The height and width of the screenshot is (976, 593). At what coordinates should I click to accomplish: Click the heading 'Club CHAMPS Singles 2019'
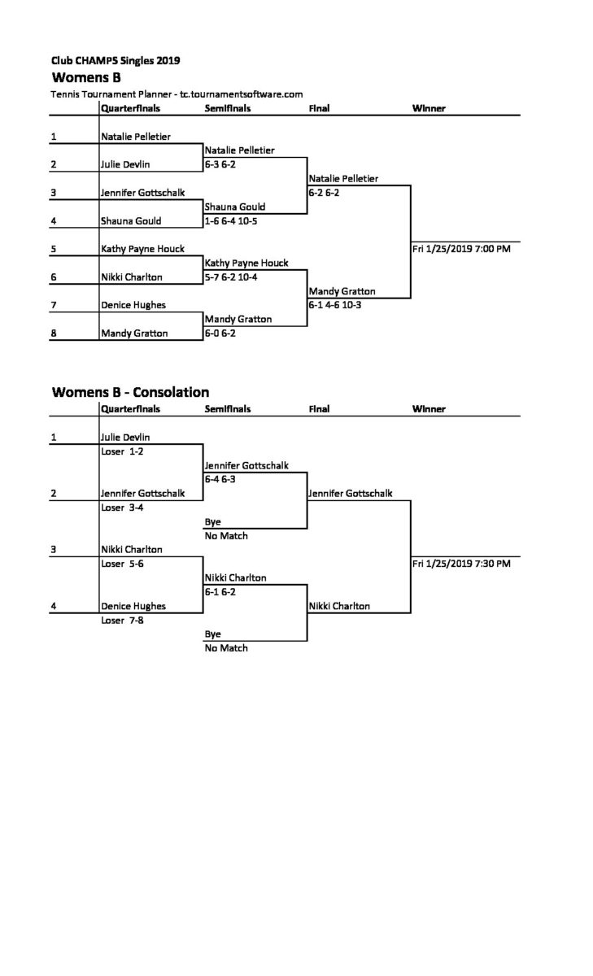point(116,60)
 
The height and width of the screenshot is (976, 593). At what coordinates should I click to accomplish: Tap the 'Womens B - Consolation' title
point(130,392)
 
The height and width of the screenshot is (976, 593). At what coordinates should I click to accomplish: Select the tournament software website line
point(177,94)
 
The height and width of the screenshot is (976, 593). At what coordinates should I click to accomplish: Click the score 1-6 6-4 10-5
point(231,221)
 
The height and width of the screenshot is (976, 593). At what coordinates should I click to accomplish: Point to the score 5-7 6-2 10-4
point(231,277)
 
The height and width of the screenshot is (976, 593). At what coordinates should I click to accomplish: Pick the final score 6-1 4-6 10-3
point(334,305)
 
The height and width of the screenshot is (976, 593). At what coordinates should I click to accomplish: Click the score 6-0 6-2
point(220,333)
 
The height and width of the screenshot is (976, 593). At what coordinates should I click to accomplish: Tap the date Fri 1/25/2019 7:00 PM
point(461,249)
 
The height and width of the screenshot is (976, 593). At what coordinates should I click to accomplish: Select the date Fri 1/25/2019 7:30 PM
point(461,564)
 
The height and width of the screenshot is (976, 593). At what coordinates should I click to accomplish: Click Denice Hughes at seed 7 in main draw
point(133,305)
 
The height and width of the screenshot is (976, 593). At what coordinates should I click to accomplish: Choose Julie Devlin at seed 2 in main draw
point(125,164)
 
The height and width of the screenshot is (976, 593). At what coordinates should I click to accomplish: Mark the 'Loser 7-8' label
point(122,620)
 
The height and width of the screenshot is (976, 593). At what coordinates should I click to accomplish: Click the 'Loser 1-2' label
point(122,451)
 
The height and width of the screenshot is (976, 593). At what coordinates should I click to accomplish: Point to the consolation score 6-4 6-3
point(220,479)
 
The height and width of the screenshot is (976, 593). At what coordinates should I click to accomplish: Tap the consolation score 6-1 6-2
point(220,592)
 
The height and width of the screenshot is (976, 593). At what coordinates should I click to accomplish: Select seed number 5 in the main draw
point(54,249)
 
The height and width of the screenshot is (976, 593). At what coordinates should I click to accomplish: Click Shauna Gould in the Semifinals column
point(235,207)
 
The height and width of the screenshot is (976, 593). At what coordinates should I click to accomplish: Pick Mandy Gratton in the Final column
point(342,291)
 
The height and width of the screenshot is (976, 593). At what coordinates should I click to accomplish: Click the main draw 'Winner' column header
point(429,108)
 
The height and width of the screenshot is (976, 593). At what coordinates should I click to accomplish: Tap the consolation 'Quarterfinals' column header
point(130,408)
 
